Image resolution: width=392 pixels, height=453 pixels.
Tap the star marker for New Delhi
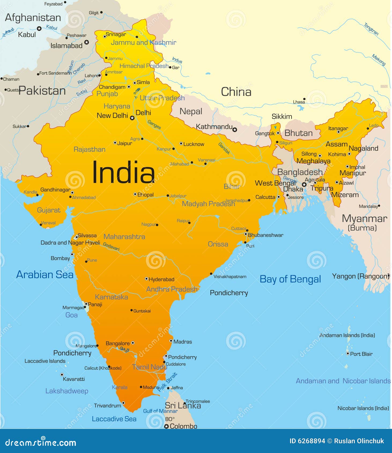[132, 118]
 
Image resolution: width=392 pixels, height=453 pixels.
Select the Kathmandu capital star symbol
[235, 130]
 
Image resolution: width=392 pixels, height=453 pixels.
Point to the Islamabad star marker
[86, 42]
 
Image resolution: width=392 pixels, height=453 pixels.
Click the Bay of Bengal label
[290, 279]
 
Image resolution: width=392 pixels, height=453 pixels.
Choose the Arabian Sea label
[45, 275]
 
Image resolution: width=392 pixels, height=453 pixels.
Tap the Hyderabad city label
[161, 279]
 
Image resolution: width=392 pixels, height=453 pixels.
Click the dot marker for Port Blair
[347, 354]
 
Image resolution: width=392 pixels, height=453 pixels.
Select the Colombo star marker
[167, 426]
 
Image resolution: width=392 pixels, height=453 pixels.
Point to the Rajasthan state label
[89, 149]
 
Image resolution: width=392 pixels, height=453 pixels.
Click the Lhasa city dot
[304, 99]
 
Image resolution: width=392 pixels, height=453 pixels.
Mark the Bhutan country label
[298, 133]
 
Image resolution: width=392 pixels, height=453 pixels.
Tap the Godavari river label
[111, 247]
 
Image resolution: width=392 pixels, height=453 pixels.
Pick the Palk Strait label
[168, 382]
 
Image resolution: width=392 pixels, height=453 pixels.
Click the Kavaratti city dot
[62, 374]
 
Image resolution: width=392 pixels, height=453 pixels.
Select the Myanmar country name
[364, 219]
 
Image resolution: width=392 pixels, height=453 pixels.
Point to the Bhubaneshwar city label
[265, 235]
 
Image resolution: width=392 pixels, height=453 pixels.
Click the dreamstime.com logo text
[41, 443]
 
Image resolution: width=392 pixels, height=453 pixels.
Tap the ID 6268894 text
[307, 441]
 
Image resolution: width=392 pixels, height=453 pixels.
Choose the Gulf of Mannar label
[160, 411]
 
